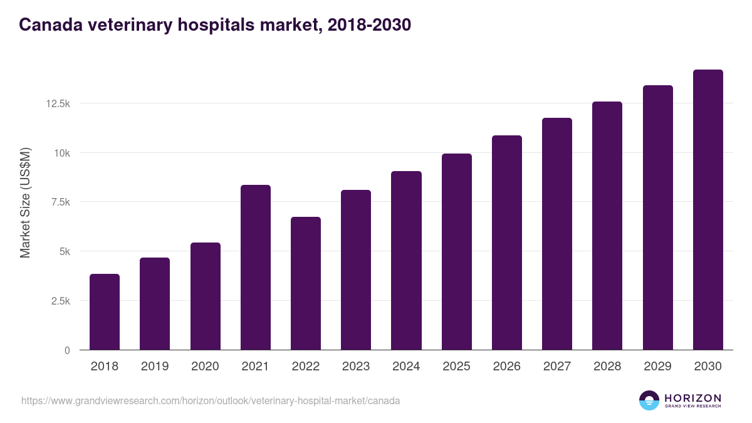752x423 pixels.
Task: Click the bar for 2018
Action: click(105, 312)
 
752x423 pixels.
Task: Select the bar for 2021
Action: click(255, 268)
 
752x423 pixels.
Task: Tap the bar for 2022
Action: click(306, 283)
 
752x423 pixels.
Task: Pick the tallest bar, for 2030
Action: click(708, 210)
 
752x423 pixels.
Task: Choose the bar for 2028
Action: click(607, 226)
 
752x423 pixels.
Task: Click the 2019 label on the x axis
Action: click(155, 367)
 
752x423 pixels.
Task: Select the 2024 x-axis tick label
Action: click(406, 367)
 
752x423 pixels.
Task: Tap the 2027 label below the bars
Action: click(557, 367)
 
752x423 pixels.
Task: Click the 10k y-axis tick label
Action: click(61, 153)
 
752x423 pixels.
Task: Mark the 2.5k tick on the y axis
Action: click(60, 301)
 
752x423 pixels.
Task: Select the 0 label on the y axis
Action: click(66, 350)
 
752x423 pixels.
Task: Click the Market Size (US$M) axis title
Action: click(25, 202)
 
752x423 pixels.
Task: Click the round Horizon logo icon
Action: click(649, 400)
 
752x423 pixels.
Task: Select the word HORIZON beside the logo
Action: click(692, 397)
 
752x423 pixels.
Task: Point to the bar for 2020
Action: click(206, 296)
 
